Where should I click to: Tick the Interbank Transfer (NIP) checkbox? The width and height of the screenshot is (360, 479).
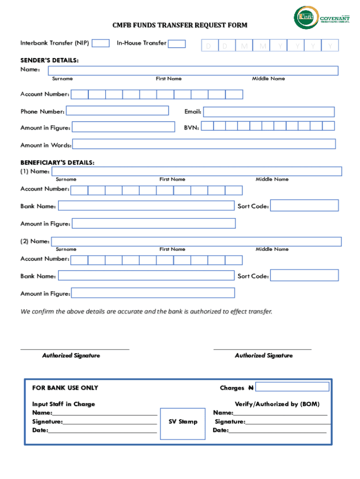click(101, 44)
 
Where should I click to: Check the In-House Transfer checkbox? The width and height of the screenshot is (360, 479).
click(177, 44)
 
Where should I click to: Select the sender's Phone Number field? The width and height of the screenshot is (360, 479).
click(117, 111)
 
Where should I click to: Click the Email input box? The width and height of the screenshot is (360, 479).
click(269, 112)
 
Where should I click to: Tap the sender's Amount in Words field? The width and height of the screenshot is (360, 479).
click(204, 144)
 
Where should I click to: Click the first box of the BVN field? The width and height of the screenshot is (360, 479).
click(208, 126)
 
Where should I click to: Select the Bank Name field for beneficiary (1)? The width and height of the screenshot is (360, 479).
click(146, 206)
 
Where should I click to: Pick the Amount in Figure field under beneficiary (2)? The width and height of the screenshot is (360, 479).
click(153, 293)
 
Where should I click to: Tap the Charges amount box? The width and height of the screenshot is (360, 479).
click(293, 387)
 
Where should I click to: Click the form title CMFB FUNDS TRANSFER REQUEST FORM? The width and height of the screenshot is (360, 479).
click(180, 25)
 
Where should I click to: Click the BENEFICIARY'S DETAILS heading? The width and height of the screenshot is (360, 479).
click(58, 163)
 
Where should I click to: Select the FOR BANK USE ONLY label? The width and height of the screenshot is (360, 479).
click(65, 388)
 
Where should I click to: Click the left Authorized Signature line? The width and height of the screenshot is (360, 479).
click(75, 349)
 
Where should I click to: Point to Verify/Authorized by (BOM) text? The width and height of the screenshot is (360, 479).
click(277, 404)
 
